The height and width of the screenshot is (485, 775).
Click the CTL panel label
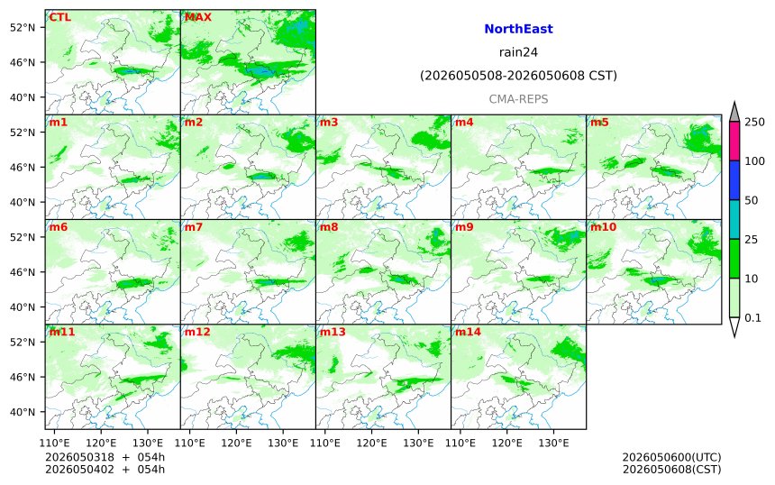(59, 17)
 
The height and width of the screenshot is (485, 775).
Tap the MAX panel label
(197, 17)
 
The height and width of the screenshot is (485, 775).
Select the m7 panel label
(194, 227)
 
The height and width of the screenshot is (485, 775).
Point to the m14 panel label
(468, 332)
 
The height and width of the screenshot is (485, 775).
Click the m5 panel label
(599, 122)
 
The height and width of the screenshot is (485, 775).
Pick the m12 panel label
(197, 332)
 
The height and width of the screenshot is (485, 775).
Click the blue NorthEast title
(518, 29)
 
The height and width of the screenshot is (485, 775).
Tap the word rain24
(518, 52)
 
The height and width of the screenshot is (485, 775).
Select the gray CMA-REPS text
(518, 99)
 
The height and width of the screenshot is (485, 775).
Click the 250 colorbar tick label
(755, 122)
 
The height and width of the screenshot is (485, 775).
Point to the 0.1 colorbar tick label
(752, 318)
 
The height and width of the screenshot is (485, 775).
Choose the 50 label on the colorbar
(752, 200)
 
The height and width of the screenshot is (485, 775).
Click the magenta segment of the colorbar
(734, 141)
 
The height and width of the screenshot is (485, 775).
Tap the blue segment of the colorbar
(734, 180)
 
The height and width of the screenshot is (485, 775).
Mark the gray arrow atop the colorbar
(734, 112)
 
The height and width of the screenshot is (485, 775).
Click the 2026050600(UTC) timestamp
(671, 457)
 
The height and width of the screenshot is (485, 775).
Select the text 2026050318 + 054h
(105, 457)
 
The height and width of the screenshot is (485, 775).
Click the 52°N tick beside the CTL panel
(23, 27)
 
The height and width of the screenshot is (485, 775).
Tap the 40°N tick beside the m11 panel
(23, 412)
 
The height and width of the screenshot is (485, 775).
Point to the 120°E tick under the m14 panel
(507, 443)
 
